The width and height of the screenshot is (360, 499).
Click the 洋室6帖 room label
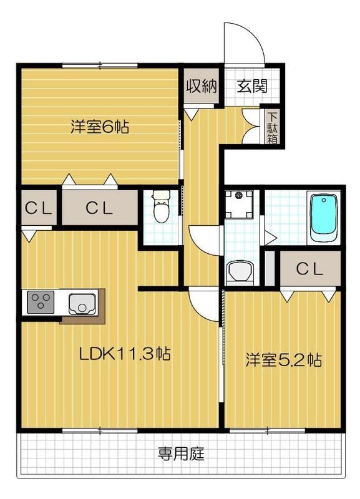point(100,127)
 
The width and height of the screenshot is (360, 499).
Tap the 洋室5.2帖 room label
point(283,360)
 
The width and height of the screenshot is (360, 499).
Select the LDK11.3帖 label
point(125,354)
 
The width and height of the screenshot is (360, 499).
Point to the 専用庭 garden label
point(181,453)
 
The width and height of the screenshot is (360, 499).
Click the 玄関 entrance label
point(251,86)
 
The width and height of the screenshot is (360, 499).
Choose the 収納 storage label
point(201,86)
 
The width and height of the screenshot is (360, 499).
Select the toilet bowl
point(161,209)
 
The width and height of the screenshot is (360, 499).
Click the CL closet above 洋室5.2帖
point(310,269)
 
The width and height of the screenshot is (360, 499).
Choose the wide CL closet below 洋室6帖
point(99,208)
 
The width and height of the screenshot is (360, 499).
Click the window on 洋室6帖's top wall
point(100,65)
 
